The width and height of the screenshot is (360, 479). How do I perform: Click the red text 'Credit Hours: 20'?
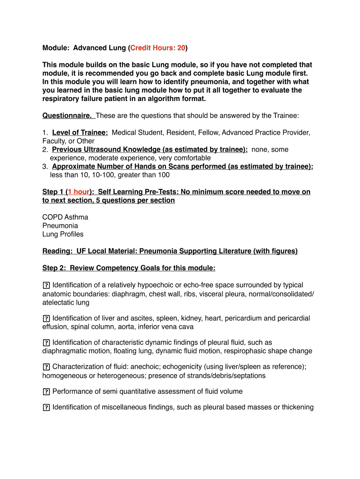point(158,48)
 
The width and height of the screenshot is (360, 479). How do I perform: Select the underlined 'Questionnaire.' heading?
point(68,116)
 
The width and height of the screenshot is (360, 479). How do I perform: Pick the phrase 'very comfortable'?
point(185,158)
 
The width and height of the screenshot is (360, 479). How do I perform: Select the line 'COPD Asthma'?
point(65,217)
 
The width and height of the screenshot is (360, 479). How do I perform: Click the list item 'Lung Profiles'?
point(63,234)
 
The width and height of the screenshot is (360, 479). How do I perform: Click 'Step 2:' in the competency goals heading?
point(55,268)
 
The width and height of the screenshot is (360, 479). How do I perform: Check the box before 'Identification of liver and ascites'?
point(46,319)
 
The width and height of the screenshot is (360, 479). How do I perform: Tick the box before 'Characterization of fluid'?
point(46,367)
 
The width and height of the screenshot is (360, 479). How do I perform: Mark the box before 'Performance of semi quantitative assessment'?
point(46,392)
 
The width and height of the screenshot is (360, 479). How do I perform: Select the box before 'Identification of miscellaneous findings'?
point(46,407)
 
